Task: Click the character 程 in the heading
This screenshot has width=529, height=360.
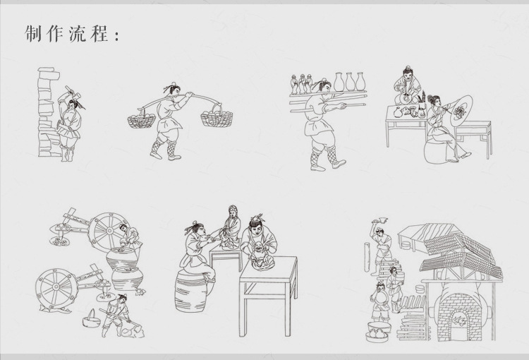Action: click(x=98, y=33)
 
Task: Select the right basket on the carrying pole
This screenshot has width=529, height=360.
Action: click(x=216, y=118)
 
